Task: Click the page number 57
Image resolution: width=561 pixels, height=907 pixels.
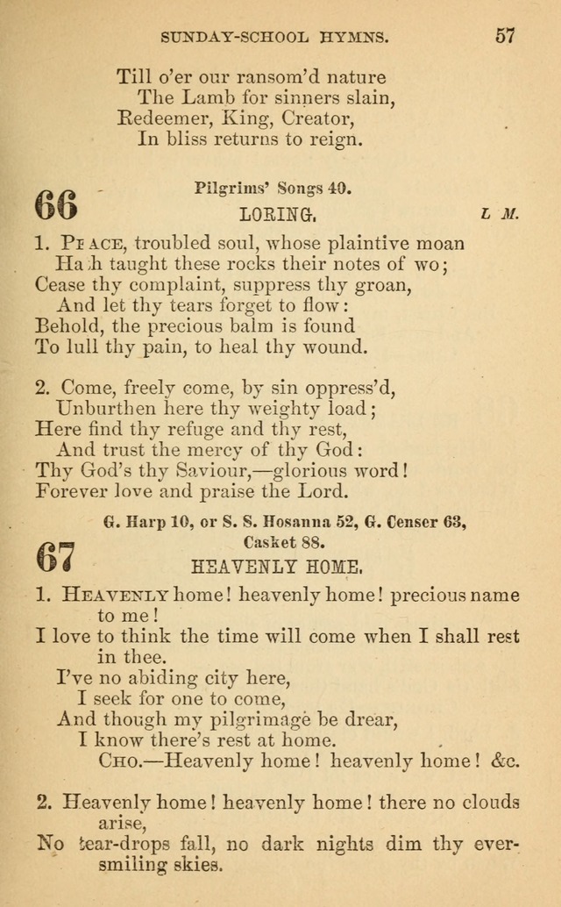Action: point(505,36)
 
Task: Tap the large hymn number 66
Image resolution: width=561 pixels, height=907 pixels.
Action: point(56,206)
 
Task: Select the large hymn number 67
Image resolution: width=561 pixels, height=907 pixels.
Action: point(56,556)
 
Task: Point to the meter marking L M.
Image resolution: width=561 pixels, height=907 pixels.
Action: point(500,214)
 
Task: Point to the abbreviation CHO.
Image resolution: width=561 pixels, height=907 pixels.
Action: point(121,761)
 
